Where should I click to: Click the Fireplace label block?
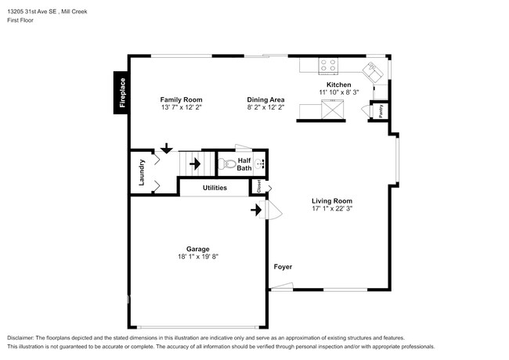point(121,93)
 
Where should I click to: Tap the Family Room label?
point(181,99)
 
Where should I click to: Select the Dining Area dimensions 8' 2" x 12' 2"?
point(266,107)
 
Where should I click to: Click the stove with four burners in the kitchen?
point(328,66)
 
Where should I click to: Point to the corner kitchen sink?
point(373,72)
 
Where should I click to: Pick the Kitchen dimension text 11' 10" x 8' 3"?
point(339,92)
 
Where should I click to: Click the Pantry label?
point(381,111)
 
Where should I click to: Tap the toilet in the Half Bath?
point(226,164)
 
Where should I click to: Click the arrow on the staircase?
point(195,164)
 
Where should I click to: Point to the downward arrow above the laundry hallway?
point(167,148)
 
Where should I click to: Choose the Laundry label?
point(142,172)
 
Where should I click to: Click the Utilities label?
point(215,188)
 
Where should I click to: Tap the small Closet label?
point(258,186)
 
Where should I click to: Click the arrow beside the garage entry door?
point(256,210)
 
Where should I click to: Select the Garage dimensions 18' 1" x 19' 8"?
point(198,257)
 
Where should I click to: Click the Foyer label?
point(283,267)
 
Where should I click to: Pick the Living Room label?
point(332,201)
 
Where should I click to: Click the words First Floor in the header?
point(20,20)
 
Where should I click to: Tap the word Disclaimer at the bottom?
point(20,338)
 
